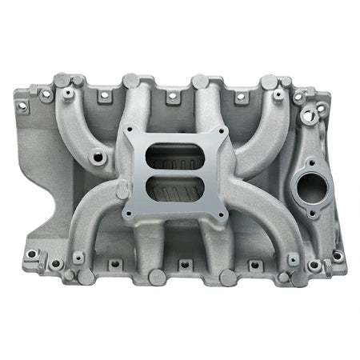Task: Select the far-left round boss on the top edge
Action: point(62,81)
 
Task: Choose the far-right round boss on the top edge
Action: point(269,82)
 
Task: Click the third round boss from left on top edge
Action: point(199,81)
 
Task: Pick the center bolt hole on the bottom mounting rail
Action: point(182,263)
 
